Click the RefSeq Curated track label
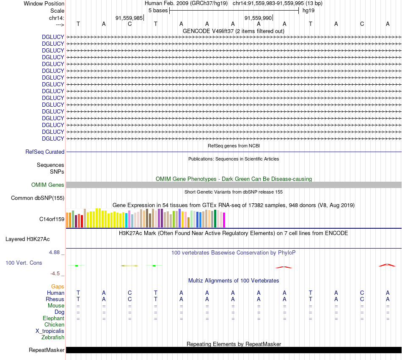click(45, 152)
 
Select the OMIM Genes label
click(48, 185)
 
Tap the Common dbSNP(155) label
click(38, 198)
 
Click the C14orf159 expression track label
click(52, 219)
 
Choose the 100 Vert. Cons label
click(24, 263)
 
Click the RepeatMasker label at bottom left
click(47, 350)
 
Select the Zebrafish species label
click(53, 338)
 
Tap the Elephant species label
click(53, 318)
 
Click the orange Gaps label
click(58, 287)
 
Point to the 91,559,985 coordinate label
click(129, 18)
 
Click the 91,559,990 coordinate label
click(258, 18)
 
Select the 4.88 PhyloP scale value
click(57, 252)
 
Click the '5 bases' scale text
click(158, 10)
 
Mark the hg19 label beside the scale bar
click(308, 10)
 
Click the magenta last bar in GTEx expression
click(224, 220)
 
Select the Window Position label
click(44, 3)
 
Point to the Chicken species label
click(54, 325)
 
